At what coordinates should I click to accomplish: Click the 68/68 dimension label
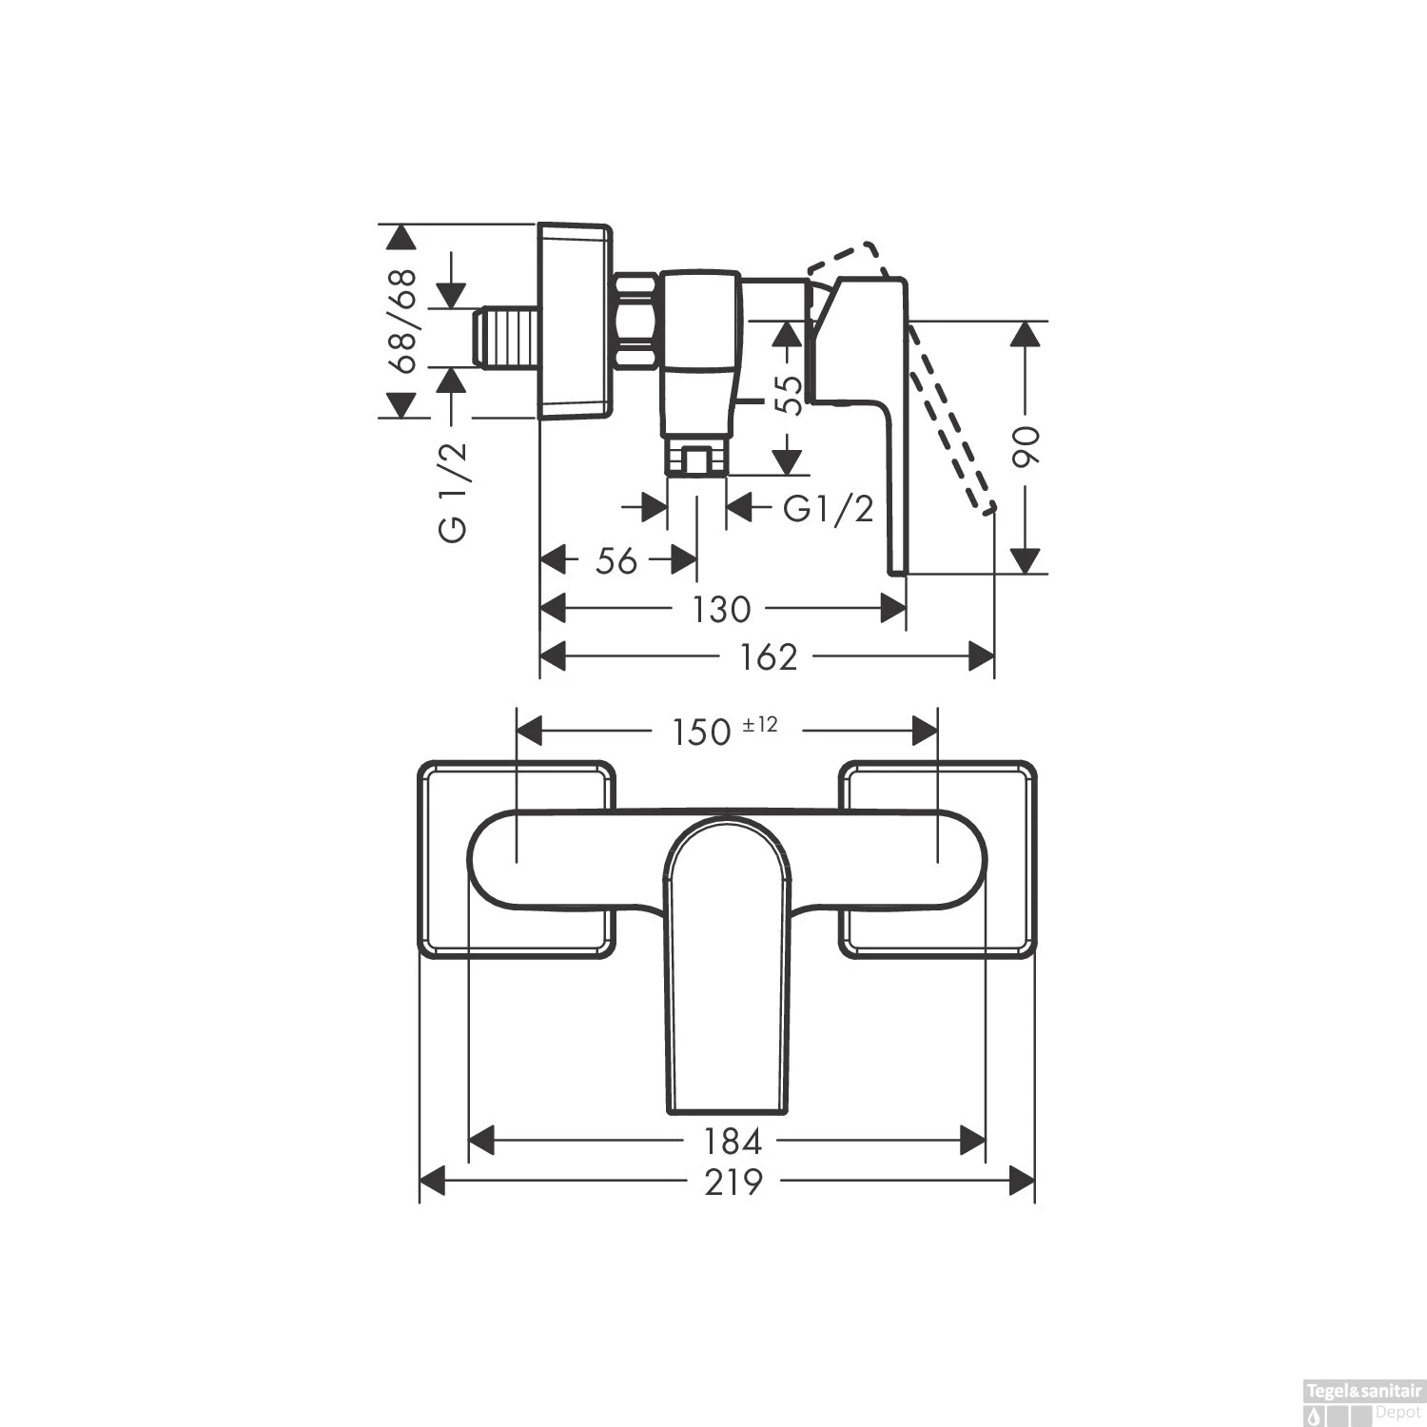403,322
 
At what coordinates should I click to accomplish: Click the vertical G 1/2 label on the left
454,492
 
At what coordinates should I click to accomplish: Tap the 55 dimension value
789,395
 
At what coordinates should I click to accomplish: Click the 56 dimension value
616,561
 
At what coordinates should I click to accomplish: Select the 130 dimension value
721,610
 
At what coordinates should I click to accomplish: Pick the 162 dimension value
769,657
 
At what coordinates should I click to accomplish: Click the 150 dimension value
702,733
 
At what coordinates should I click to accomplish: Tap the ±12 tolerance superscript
760,725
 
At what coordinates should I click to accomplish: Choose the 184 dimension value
733,1140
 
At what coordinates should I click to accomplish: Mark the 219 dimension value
733,1183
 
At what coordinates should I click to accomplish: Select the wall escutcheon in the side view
574,321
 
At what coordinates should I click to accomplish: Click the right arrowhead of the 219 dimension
1022,1183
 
